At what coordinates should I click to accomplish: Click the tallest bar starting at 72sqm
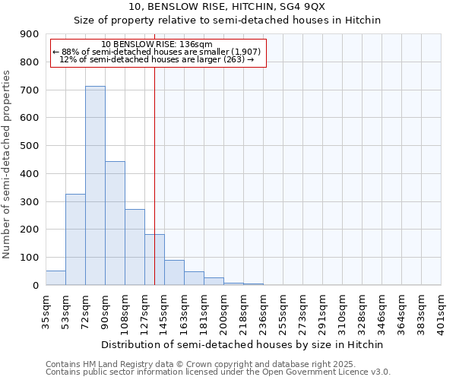(x=95, y=185)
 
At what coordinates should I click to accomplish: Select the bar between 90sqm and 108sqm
(x=115, y=223)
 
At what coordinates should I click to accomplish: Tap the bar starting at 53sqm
(x=75, y=239)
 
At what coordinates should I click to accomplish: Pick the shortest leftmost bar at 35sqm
(x=55, y=278)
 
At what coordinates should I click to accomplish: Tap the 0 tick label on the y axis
(x=35, y=286)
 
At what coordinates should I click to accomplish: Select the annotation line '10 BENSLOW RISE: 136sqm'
(x=157, y=45)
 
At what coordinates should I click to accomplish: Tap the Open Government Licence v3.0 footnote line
(x=218, y=372)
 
